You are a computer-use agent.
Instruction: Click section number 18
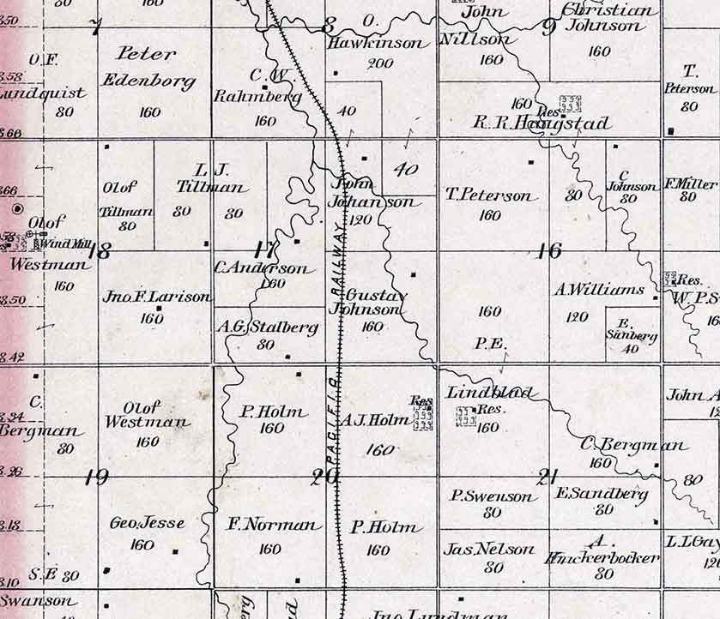pos(100,251)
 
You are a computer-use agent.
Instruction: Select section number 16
pos(548,250)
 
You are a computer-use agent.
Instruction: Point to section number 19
pos(97,478)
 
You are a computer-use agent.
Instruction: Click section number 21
pos(546,478)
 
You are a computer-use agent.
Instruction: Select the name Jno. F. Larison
pos(156,297)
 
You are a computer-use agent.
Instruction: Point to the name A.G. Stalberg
pos(268,327)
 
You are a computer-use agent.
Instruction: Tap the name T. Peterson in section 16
pos(489,195)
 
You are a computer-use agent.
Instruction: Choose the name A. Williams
pos(599,290)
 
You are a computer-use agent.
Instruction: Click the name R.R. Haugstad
pos(542,124)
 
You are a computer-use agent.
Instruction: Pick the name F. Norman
pos(273,525)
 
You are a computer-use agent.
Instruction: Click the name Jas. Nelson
pos(489,549)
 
